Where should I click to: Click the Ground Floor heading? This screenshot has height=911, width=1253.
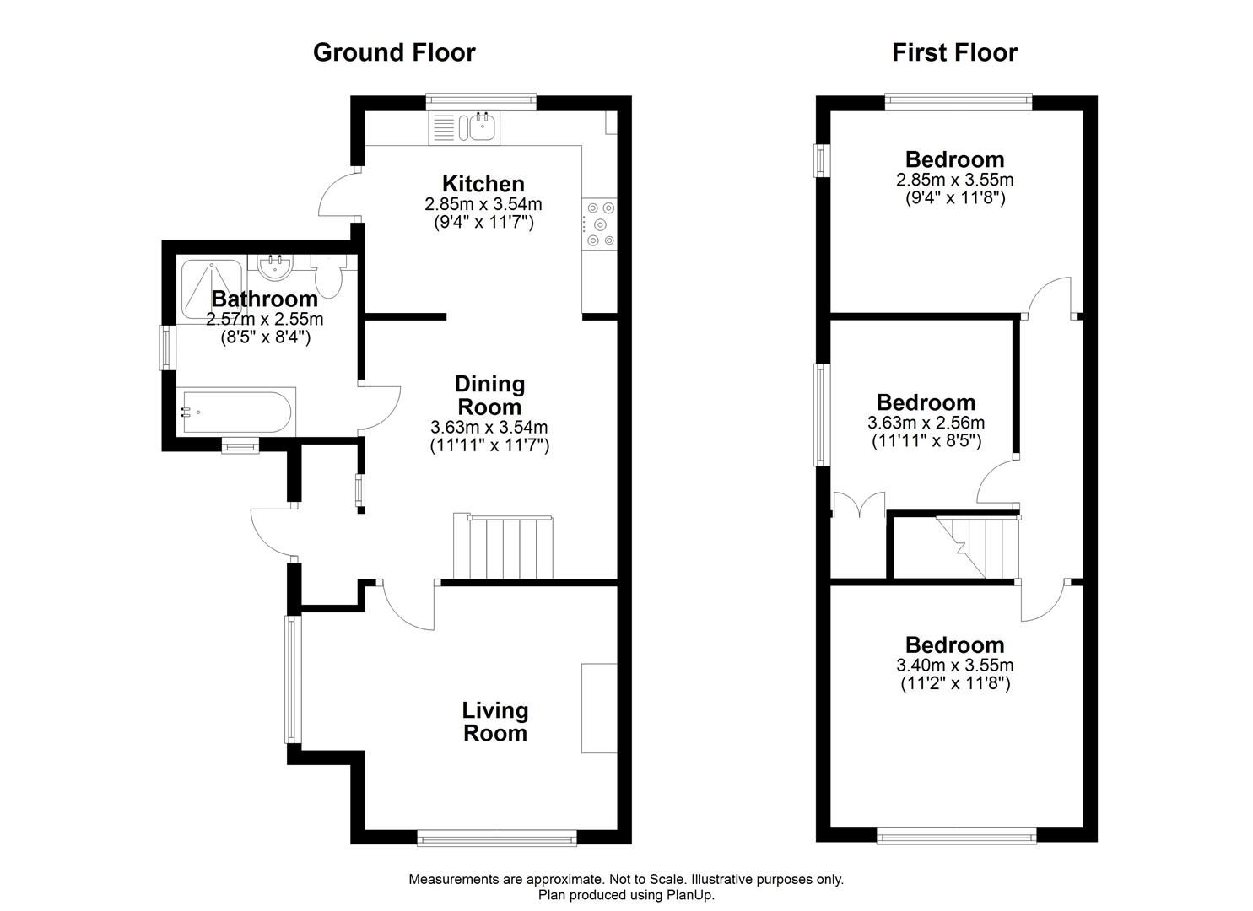click(x=394, y=52)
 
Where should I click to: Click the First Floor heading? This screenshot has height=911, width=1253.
click(x=954, y=52)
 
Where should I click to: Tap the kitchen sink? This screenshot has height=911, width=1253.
click(x=482, y=127)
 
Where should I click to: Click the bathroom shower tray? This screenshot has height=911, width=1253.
click(x=213, y=278)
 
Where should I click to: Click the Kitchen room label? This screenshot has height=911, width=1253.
click(x=483, y=184)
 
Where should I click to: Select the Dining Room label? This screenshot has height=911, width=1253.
click(x=489, y=395)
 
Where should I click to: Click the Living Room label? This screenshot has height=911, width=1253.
click(x=494, y=721)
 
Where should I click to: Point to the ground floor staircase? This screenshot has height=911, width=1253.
click(x=503, y=547)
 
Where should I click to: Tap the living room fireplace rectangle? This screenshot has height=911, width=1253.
click(x=598, y=708)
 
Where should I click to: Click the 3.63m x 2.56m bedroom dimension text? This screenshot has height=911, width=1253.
click(x=926, y=423)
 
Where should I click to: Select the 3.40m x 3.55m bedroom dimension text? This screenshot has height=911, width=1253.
click(x=954, y=666)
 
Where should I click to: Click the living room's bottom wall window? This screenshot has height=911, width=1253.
click(x=497, y=837)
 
